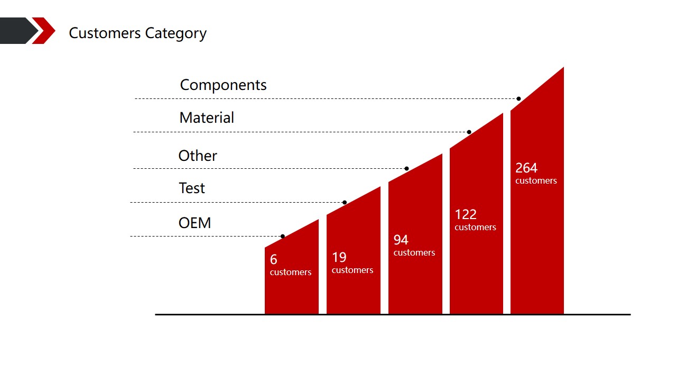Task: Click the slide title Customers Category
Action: point(137,33)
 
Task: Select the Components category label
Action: point(223,85)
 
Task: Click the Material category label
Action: point(207,118)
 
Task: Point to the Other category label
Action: point(198,156)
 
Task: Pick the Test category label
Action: point(192,188)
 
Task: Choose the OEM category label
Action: point(194,223)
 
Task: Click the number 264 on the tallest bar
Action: point(526,168)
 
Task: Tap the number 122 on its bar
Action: point(466,215)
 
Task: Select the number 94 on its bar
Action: point(401,240)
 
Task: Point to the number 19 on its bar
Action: point(339,258)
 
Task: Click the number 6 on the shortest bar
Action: point(274,260)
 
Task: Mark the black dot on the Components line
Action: point(519,99)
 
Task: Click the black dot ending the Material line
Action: point(469,132)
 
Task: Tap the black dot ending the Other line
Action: point(406,169)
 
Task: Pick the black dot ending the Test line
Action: point(345,203)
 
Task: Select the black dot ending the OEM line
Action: point(283,237)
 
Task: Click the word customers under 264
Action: point(536,181)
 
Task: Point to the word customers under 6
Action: point(291,273)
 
